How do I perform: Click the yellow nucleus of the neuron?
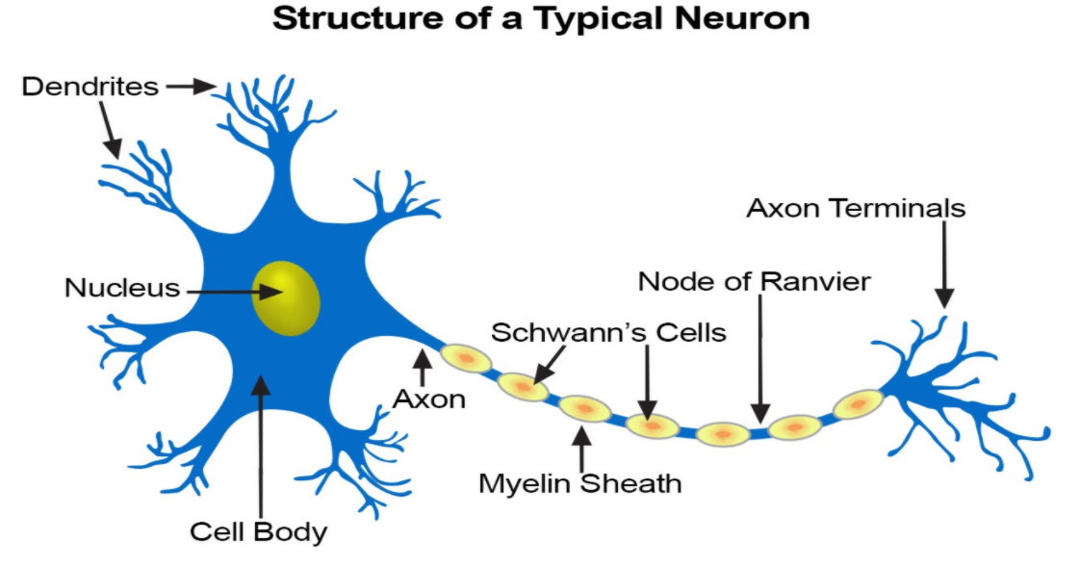[286, 297]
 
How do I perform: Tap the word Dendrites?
[90, 87]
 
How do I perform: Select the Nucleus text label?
[122, 288]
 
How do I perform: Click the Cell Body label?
[259, 531]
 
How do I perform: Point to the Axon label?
[428, 399]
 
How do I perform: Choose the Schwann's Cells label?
[608, 332]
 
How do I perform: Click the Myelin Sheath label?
[580, 483]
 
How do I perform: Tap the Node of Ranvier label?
[755, 281]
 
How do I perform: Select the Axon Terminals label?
[857, 208]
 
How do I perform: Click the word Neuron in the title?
[742, 18]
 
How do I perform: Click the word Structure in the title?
[358, 18]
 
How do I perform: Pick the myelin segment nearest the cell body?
[466, 358]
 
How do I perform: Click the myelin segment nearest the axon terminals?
[859, 404]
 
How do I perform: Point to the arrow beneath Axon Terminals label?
[943, 265]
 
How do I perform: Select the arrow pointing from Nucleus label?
[235, 293]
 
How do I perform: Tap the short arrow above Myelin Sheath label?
[582, 449]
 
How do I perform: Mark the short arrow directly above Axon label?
[423, 368]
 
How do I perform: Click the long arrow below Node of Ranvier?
[759, 359]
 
